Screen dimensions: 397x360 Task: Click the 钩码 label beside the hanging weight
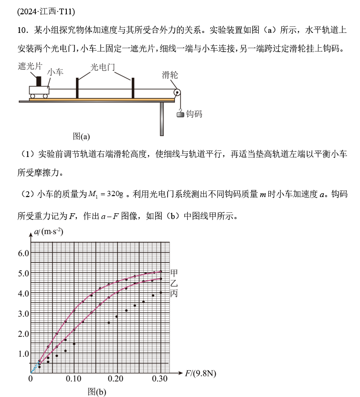coord(194,114)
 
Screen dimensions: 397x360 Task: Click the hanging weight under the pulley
coord(180,114)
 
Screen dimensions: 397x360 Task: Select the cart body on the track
coord(39,90)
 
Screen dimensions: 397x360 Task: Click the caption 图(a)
coord(81,136)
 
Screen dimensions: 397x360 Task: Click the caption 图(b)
coord(97,391)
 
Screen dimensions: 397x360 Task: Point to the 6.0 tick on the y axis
coord(23,253)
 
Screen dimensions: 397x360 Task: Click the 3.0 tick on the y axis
coord(23,313)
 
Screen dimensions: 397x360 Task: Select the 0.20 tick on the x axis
coord(116,379)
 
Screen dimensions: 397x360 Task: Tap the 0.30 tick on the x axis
coord(159,379)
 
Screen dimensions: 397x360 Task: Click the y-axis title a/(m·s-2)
coord(49,232)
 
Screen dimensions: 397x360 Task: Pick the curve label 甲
coord(174,273)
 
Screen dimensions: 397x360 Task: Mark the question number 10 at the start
coord(21,31)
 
